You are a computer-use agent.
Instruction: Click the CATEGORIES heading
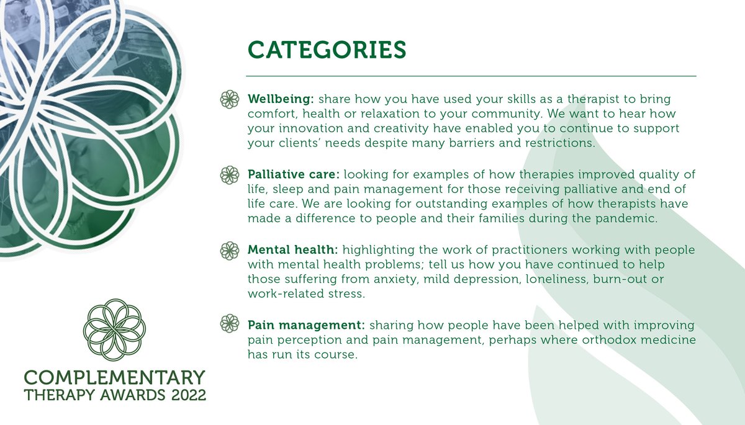(327, 50)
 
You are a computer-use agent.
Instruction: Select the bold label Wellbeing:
(281, 99)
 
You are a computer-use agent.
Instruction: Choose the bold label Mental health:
(292, 250)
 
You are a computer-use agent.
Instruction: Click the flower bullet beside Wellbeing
(230, 99)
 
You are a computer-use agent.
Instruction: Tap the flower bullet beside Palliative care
(230, 175)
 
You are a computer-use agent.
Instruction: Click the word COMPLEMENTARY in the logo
(114, 377)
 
